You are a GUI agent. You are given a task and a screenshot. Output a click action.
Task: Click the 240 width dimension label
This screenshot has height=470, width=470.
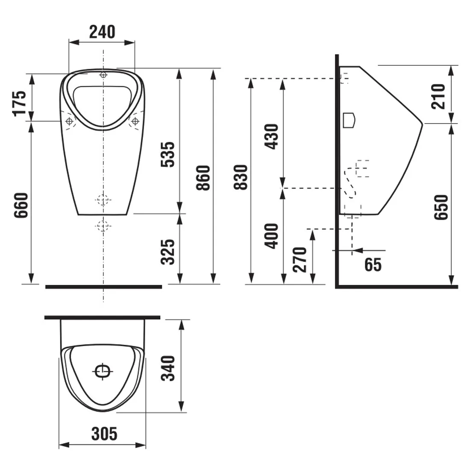pyautogui.click(x=102, y=32)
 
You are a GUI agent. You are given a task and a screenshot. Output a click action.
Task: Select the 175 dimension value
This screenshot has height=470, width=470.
pyautogui.click(x=20, y=103)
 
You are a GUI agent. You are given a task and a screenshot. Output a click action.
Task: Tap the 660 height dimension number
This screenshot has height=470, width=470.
pyautogui.click(x=21, y=206)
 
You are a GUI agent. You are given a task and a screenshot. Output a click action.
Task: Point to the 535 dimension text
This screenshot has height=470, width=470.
pyautogui.click(x=167, y=154)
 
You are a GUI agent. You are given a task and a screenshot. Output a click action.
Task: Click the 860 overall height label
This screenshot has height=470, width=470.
pyautogui.click(x=203, y=178)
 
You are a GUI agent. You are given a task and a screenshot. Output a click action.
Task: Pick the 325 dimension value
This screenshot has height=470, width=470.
pyautogui.click(x=167, y=252)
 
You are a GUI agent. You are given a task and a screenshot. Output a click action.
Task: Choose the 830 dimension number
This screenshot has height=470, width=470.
pyautogui.click(x=241, y=177)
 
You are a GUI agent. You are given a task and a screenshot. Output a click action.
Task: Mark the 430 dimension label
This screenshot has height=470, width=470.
pyautogui.click(x=271, y=137)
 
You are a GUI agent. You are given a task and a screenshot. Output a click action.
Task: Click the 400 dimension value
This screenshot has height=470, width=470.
pyautogui.click(x=271, y=236)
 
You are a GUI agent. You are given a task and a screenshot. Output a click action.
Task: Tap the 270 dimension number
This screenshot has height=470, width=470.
pyautogui.click(x=300, y=260)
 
